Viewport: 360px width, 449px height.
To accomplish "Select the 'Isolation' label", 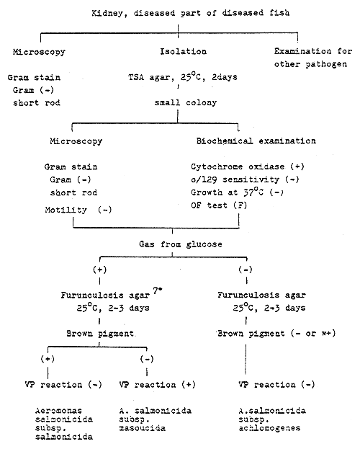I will coord(182,51).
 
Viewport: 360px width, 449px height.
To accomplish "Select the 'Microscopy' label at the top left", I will coord(41,51).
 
